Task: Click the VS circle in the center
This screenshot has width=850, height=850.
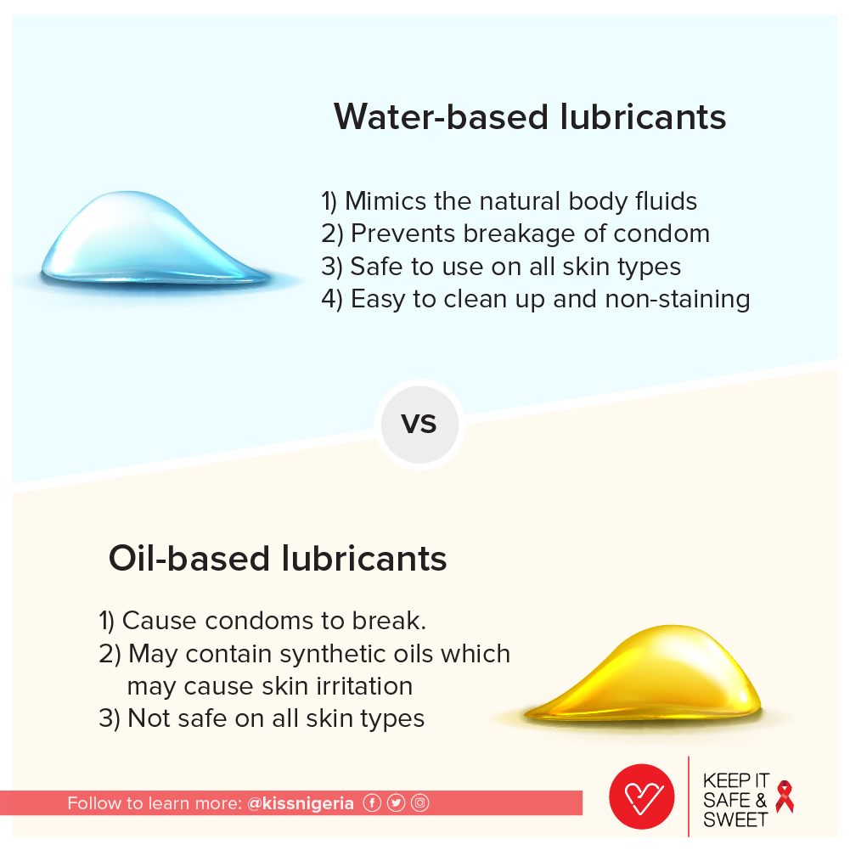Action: [419, 425]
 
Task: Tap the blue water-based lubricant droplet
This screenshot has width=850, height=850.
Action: [155, 238]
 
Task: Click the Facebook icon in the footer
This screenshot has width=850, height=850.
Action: [372, 802]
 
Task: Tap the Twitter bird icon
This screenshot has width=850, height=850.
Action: [396, 802]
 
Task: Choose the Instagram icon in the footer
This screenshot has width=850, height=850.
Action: [419, 802]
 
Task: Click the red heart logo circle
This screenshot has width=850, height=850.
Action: [642, 797]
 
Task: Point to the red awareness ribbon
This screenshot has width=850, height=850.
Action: [785, 797]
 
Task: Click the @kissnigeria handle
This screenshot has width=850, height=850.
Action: [301, 803]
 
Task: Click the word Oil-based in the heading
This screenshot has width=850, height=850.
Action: [189, 559]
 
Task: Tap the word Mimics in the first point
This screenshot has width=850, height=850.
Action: [386, 201]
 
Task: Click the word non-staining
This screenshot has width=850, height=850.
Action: [678, 299]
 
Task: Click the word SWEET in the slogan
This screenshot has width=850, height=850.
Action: [735, 819]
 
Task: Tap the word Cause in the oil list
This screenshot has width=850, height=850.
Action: [160, 621]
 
